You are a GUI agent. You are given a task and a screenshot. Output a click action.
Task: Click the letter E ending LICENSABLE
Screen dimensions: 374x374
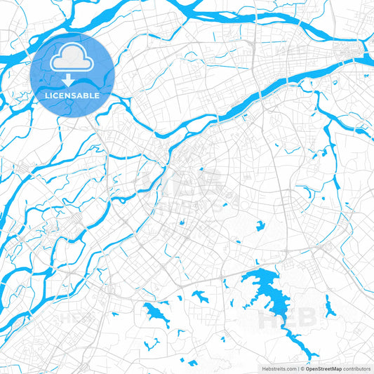pyautogui.click(x=96, y=94)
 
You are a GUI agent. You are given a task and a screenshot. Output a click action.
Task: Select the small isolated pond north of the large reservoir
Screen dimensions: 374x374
pyautogui.click(x=260, y=225)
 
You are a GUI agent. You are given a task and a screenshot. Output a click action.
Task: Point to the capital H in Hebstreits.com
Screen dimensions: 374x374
pyautogui.click(x=263, y=368)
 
